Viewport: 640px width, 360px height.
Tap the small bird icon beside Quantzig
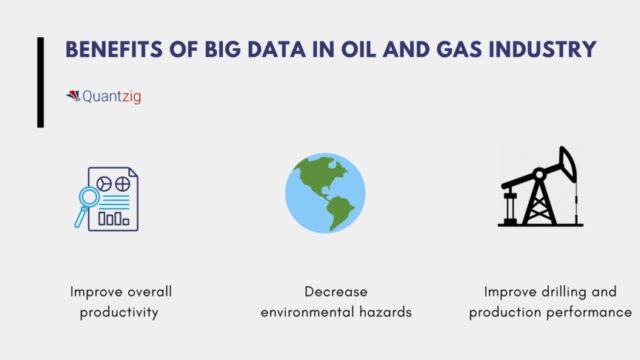tap(73, 97)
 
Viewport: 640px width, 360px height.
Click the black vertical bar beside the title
tap(41, 82)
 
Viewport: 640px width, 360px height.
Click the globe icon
tap(325, 192)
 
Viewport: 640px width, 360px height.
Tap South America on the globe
tap(340, 211)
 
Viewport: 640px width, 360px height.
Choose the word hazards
tap(385, 312)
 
